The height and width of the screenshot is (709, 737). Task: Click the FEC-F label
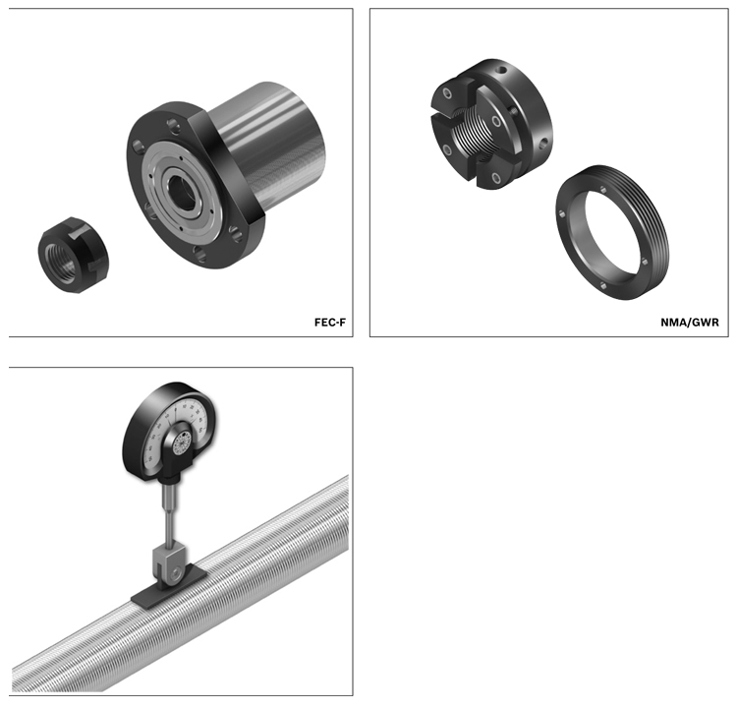coord(330,323)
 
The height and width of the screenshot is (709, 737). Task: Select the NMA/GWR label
coord(690,323)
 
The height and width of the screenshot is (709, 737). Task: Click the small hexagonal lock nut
coord(74,255)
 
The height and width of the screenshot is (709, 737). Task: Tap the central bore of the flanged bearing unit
coord(181,193)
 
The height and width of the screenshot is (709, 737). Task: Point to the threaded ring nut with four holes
coord(612,232)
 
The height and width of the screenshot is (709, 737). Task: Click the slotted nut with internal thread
coord(491,124)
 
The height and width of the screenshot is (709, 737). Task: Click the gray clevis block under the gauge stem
coord(169,566)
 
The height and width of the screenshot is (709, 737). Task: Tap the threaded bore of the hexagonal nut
coord(61,264)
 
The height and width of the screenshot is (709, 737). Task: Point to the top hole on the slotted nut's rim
coord(502,71)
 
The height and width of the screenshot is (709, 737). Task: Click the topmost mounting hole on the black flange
coord(173,125)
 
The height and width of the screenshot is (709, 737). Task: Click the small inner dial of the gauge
coord(182,443)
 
